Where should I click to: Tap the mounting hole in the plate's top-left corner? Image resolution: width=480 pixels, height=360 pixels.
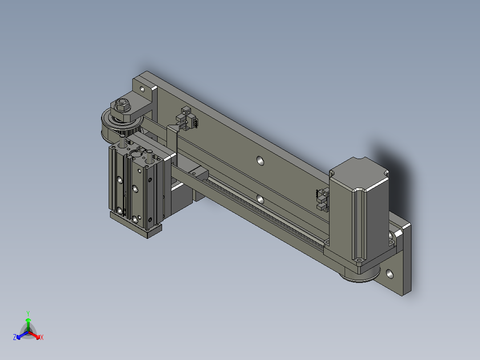point(142,89)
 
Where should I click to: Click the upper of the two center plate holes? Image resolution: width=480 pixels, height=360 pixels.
point(260,160)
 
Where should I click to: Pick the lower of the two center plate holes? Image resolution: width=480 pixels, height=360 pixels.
point(260,200)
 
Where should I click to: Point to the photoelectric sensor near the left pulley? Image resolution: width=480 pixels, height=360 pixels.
point(187,119)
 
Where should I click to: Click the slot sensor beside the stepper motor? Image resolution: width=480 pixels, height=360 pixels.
point(322,200)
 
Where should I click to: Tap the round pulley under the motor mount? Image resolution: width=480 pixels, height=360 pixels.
point(360,274)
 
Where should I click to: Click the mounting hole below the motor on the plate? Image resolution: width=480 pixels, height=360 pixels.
point(390,274)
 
